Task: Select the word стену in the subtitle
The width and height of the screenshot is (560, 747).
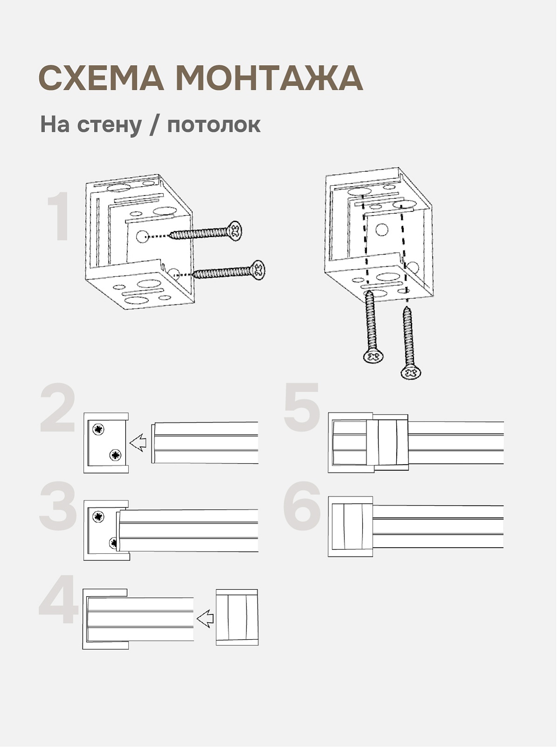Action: (x=109, y=125)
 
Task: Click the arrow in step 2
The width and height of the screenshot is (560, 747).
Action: (x=138, y=442)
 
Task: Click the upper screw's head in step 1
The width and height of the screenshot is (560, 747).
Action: (x=236, y=230)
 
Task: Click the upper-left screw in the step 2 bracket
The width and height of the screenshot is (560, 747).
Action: (x=98, y=429)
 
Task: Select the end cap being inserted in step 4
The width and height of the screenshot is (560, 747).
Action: (x=237, y=617)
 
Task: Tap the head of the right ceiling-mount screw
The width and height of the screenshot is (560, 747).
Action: (x=411, y=372)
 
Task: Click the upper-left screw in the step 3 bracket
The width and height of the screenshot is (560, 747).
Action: (x=98, y=516)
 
